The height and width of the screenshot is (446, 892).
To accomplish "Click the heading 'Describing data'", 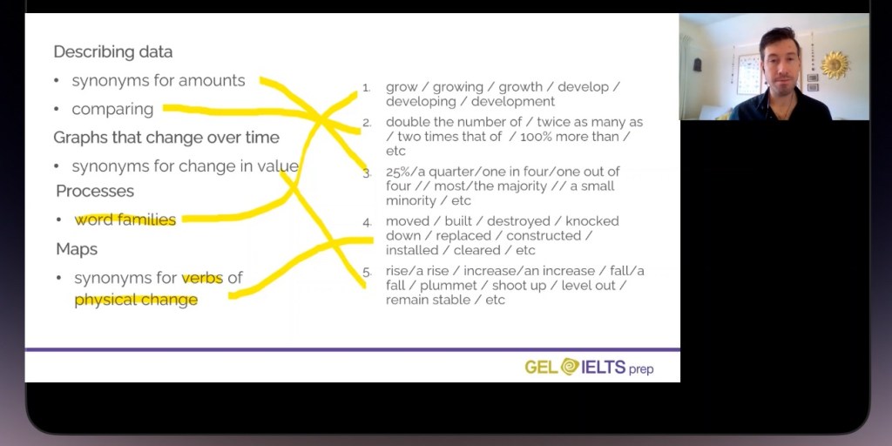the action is tap(112, 51).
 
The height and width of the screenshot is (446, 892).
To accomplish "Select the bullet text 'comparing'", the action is tap(112, 109).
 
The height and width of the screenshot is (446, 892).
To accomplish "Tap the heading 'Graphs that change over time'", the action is tap(166, 138).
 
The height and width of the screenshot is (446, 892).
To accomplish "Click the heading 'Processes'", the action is tap(95, 191).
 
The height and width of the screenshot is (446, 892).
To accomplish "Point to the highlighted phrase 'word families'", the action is tap(125, 220).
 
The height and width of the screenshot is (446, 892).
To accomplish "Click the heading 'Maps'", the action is tap(77, 249).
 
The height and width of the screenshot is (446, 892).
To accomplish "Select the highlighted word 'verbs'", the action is tap(202, 278).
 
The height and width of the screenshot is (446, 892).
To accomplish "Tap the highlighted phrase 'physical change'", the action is tap(136, 300).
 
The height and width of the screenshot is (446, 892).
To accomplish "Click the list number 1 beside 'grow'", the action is tap(367, 88).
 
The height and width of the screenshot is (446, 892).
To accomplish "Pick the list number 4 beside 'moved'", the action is tap(367, 222).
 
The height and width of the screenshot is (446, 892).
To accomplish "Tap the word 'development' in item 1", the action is tap(512, 102).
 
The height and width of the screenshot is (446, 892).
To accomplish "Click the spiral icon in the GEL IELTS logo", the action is tap(569, 367).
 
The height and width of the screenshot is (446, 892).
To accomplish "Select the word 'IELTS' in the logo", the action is tap(603, 367).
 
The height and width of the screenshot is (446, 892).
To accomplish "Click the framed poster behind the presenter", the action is tap(748, 74).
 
